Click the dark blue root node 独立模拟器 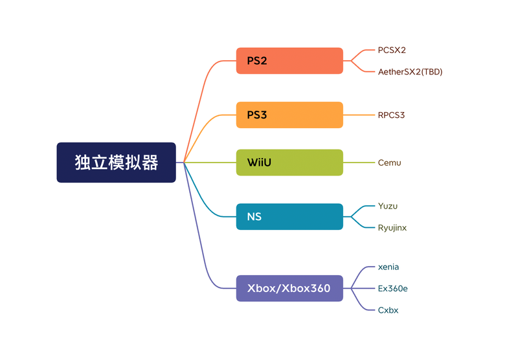tap(116, 163)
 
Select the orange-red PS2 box tap(289, 61)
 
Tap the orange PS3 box tap(289, 115)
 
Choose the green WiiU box tap(289, 163)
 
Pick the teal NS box tap(289, 217)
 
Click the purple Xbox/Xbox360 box tap(289, 288)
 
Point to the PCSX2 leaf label tap(392, 50)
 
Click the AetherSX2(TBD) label tap(410, 72)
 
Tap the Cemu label tap(389, 163)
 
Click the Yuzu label tap(388, 207)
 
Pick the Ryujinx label tap(392, 228)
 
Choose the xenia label tap(389, 267)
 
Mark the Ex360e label tap(392, 288)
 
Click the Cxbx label tap(388, 310)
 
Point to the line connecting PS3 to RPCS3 tap(359, 115)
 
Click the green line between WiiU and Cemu tap(359, 163)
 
